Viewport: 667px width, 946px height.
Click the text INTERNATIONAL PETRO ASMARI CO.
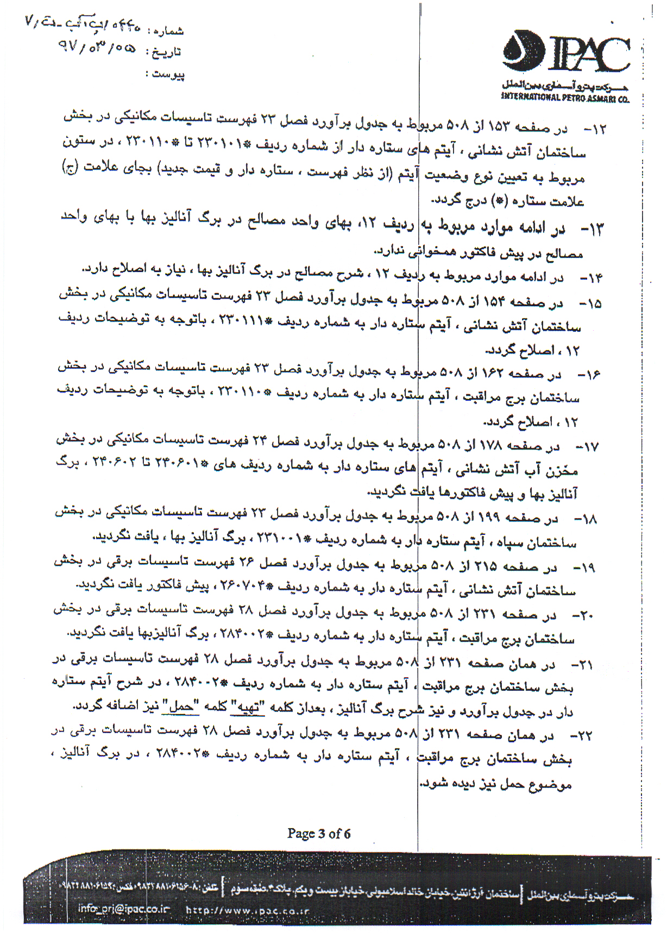565,98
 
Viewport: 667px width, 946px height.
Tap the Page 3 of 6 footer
319,833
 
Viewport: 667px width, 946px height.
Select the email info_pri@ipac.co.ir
123,908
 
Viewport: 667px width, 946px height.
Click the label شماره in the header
168,31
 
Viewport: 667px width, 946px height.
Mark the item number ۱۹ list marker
584,568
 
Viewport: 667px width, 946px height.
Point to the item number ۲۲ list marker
581,736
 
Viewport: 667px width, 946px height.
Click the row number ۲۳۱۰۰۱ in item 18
281,539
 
